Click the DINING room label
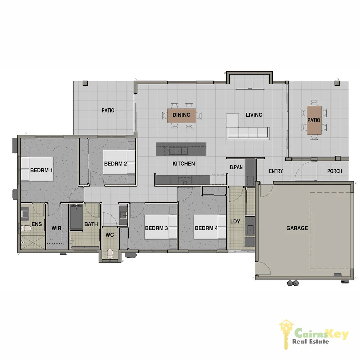click(181, 115)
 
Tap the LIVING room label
click(254, 115)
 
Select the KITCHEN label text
click(184, 164)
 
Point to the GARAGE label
click(297, 228)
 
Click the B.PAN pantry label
click(236, 167)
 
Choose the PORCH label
click(334, 171)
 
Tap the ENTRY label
click(276, 171)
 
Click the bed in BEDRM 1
click(37, 169)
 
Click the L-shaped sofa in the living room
click(248, 130)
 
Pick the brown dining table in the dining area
click(182, 115)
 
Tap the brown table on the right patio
click(314, 120)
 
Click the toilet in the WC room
click(110, 254)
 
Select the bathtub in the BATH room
click(76, 218)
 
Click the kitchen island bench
click(181, 149)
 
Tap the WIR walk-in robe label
click(56, 229)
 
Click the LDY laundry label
click(235, 221)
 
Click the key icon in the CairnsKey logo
click(286, 333)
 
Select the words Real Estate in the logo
click(311, 341)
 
